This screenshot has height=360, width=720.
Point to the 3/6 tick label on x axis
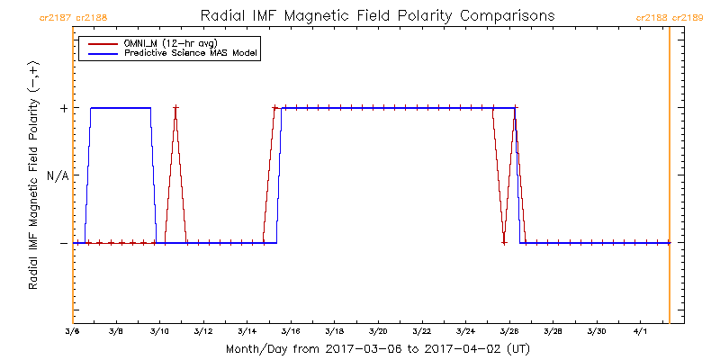point(72,333)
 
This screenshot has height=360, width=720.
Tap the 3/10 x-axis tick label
point(159,333)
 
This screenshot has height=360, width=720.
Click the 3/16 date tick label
point(290,333)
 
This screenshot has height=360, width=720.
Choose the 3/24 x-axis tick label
point(464,333)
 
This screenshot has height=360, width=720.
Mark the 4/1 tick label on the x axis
point(640,333)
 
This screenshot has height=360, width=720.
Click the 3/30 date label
point(596,333)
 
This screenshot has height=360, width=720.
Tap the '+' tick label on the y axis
point(63,108)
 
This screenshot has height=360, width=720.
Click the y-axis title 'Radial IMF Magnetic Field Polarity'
point(33,175)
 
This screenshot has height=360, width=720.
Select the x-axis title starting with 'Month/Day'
point(377,349)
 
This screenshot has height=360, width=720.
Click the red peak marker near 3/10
point(175,108)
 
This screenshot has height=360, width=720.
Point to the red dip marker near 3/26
point(504,242)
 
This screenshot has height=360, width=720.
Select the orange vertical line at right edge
point(670,180)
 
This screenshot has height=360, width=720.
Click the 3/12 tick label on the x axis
point(202,333)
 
